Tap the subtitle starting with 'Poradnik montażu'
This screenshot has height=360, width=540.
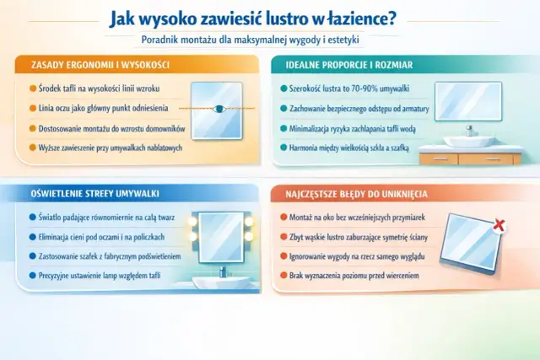269,41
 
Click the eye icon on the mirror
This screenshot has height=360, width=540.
219,109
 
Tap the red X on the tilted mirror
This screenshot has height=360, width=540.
499,225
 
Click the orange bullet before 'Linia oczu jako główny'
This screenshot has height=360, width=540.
32,108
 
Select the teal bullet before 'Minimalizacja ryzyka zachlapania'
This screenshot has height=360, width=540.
284,128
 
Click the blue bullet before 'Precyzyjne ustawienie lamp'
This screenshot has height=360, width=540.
32,275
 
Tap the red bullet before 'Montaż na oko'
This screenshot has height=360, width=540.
283,217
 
